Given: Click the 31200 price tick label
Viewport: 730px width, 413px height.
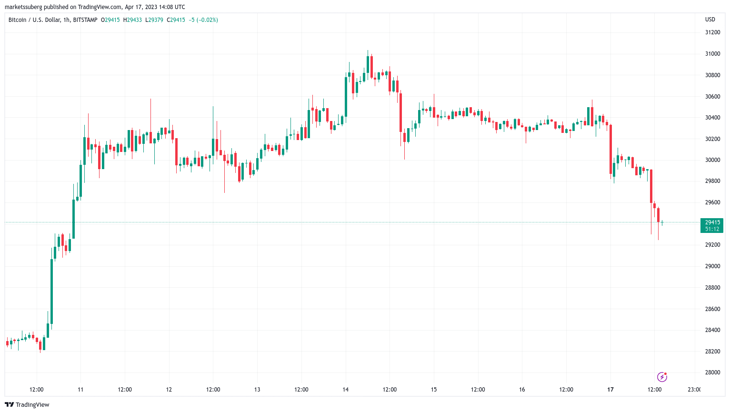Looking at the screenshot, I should point(712,32).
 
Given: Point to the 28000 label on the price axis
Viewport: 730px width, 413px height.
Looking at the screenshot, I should point(712,373).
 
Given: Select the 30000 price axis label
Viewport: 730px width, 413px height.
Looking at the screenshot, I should point(712,160).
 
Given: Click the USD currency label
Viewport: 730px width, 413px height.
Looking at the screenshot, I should point(710,20).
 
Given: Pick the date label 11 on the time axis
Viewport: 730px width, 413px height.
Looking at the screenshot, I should point(80,390).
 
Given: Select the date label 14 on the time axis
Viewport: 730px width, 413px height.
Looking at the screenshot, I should point(345,390).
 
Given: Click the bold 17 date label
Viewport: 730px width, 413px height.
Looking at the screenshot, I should point(610,390).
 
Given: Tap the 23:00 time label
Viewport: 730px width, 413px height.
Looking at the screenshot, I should point(694,390).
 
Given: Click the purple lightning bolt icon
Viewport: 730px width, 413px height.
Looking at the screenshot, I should point(662,377).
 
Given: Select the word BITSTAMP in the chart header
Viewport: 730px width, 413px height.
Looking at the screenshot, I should point(85,20).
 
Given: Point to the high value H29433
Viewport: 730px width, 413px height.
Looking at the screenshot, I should point(132,20).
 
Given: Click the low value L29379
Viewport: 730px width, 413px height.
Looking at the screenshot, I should point(154,20).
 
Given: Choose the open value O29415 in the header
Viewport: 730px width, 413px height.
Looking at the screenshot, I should point(110,20).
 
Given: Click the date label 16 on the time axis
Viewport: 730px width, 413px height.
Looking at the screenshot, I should point(522,390).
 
